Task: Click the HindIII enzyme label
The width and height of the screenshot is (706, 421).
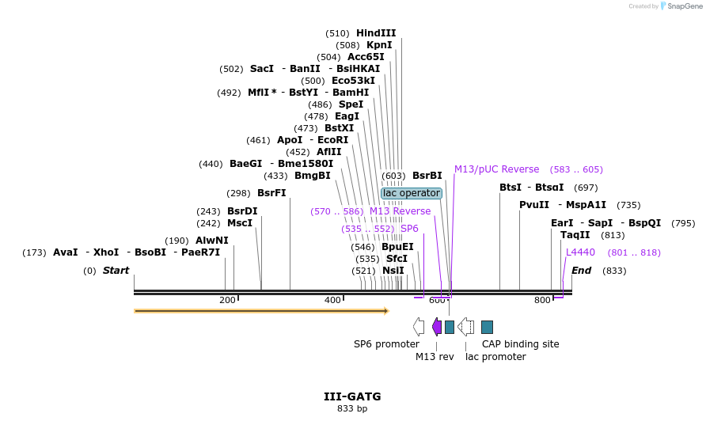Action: (376, 33)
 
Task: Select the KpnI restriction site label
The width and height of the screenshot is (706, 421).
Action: (379, 45)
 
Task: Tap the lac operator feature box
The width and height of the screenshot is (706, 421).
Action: (411, 193)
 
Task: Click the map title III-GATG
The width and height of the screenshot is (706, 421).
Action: (352, 396)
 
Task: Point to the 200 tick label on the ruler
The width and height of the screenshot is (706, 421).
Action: (227, 300)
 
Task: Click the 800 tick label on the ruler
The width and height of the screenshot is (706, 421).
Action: (542, 300)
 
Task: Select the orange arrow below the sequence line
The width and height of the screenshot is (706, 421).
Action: (261, 311)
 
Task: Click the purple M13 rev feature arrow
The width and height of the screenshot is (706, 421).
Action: (437, 326)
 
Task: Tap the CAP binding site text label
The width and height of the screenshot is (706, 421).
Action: (521, 344)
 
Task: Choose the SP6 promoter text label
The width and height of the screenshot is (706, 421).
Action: (386, 344)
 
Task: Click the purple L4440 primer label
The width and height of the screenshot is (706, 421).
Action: (580, 252)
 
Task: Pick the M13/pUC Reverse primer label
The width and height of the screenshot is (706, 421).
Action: (496, 169)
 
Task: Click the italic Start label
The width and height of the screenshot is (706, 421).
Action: (116, 271)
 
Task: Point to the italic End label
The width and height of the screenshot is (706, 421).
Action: (582, 271)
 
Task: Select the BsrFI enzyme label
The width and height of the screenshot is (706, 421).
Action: (271, 193)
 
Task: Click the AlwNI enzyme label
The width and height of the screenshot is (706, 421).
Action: (212, 241)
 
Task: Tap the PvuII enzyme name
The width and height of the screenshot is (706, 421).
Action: (534, 205)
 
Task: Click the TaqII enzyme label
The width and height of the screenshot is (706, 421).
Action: (575, 235)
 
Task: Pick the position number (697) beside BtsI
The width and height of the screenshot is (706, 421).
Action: (586, 188)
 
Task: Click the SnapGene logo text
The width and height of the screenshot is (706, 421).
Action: (685, 6)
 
